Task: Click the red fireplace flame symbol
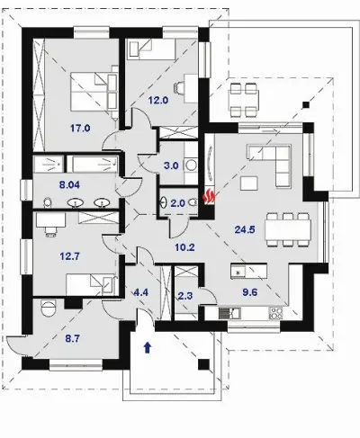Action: pos(209,196)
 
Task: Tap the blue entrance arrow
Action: pos(148,348)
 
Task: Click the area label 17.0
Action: pos(80,129)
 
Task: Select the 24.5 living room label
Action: pos(245,229)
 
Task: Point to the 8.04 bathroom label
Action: pos(69,185)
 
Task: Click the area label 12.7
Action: pos(69,256)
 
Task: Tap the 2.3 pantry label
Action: pos(185,296)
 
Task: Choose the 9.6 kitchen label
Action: pos(249,292)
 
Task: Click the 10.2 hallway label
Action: pos(184,247)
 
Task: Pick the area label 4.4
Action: pos(140,292)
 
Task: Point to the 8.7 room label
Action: pos(73,339)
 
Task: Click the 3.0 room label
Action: pos(171,165)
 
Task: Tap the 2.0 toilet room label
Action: pos(177,203)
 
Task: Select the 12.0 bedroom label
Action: pos(158,100)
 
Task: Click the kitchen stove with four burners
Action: pos(276,313)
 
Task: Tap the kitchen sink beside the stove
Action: pos(229,313)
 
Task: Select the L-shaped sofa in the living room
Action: pos(268,165)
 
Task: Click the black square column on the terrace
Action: pos(305,104)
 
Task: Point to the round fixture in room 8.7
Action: pos(48,308)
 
